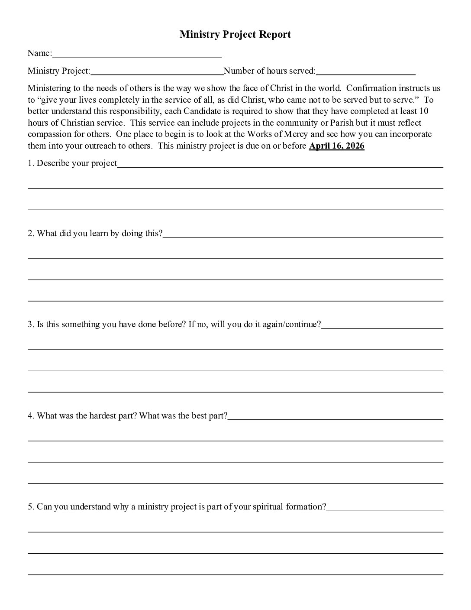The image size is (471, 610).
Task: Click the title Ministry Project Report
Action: coord(235,35)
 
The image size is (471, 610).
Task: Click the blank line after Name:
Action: coord(137,55)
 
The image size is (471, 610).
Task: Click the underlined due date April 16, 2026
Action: coord(336,146)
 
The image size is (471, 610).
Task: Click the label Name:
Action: coord(40,53)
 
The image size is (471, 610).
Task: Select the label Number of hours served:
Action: coord(270,71)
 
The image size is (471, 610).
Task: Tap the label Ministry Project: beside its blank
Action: coord(59,71)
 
